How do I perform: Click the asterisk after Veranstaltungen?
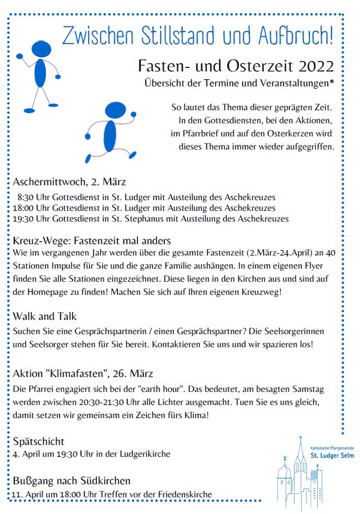(x=331, y=82)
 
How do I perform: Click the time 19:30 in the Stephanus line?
(x=24, y=219)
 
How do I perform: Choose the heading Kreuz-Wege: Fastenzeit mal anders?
(x=92, y=241)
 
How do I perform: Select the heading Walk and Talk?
(x=45, y=316)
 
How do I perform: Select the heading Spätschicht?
(x=38, y=441)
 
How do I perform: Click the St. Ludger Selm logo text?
(x=331, y=456)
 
